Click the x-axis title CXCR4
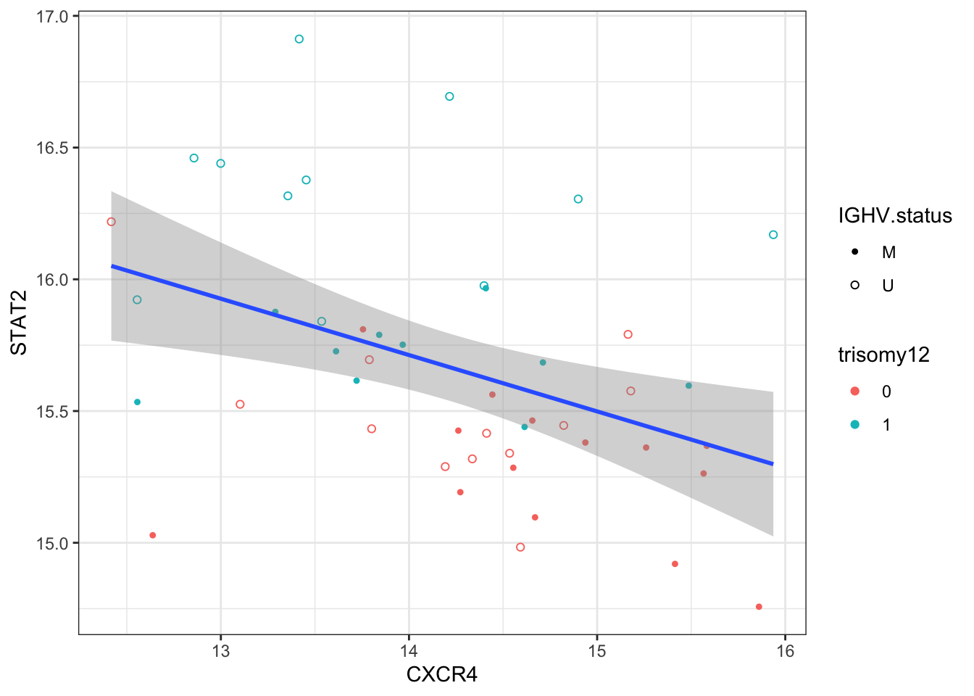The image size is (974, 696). (441, 675)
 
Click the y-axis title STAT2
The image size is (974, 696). (19, 332)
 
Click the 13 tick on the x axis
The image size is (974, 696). (220, 651)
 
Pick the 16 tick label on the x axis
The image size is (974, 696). (785, 651)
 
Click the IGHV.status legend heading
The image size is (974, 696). (894, 215)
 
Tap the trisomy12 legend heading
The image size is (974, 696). (883, 355)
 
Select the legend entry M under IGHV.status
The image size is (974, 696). (888, 252)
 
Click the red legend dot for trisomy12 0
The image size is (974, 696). (855, 391)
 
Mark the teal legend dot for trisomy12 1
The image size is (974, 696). (855, 425)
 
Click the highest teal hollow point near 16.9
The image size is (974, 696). (299, 39)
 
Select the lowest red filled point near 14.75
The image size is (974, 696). (759, 607)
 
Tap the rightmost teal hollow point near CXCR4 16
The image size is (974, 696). (773, 235)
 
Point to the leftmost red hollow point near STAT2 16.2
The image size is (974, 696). (111, 222)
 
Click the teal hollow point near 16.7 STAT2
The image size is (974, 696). (449, 96)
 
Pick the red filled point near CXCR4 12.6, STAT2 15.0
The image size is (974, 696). (153, 535)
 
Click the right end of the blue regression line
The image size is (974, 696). (773, 463)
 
